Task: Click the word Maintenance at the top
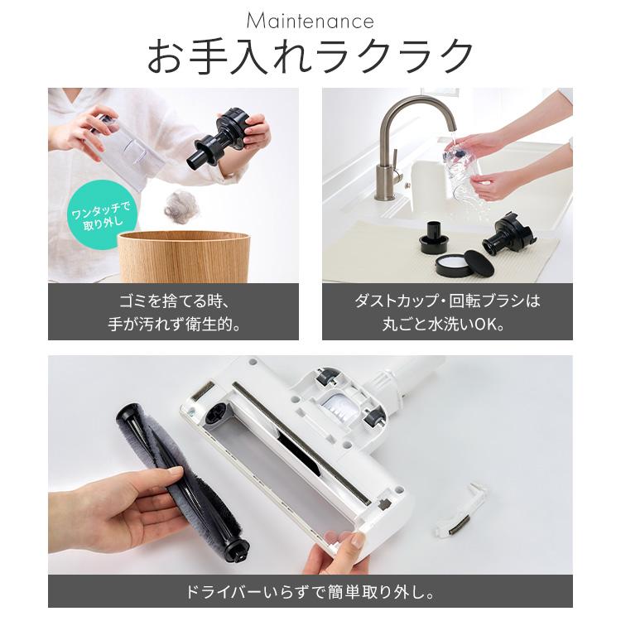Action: [310, 21]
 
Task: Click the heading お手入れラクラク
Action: [310, 56]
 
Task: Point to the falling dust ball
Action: [181, 206]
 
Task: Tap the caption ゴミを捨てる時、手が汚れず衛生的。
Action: [173, 311]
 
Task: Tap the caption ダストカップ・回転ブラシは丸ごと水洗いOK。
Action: [447, 311]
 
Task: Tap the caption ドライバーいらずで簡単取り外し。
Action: [310, 592]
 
